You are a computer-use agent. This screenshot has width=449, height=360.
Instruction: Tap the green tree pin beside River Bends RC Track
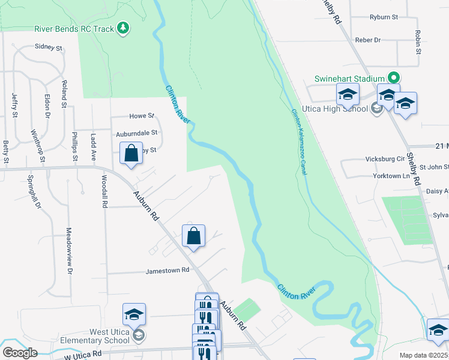(x=123, y=28)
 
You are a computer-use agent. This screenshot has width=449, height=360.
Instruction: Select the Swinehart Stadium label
(x=350, y=79)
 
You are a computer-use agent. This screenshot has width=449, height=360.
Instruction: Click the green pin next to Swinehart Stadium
(x=394, y=78)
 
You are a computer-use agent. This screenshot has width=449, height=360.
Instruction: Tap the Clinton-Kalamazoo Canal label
(x=300, y=142)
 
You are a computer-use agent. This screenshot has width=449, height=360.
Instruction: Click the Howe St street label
(x=142, y=116)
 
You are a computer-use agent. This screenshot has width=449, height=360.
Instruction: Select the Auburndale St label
(x=137, y=133)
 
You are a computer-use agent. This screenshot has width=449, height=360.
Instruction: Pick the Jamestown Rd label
(x=167, y=271)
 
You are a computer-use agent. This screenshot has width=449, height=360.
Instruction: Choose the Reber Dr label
(x=369, y=40)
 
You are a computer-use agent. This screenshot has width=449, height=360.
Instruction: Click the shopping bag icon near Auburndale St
(x=131, y=154)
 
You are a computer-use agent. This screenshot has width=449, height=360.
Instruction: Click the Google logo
(x=20, y=353)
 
